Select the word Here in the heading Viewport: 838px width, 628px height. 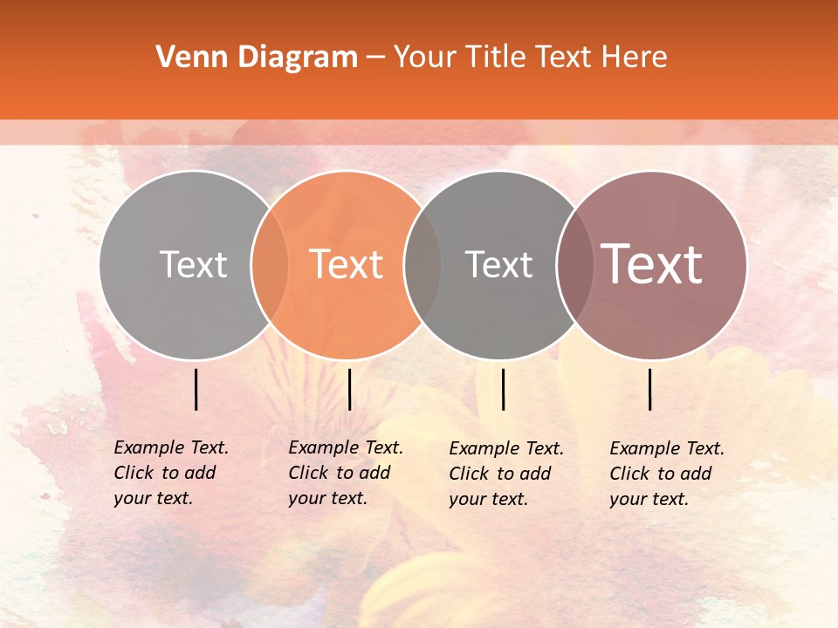[x=635, y=57]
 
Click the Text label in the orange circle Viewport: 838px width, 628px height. [x=347, y=264]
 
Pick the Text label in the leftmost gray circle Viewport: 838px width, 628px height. [x=194, y=264]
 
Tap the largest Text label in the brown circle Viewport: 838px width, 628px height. [x=652, y=264]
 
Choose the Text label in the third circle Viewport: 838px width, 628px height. [x=498, y=264]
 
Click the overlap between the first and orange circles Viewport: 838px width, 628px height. [x=270, y=264]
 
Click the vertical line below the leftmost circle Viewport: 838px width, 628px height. [x=196, y=389]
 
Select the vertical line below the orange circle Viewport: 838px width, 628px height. [x=349, y=389]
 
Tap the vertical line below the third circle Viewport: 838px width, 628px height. [x=503, y=389]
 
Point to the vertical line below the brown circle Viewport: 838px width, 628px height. [x=650, y=389]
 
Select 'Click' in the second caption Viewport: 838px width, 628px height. [x=308, y=473]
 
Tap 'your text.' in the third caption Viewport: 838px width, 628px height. [x=488, y=499]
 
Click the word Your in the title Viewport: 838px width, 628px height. [x=422, y=57]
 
